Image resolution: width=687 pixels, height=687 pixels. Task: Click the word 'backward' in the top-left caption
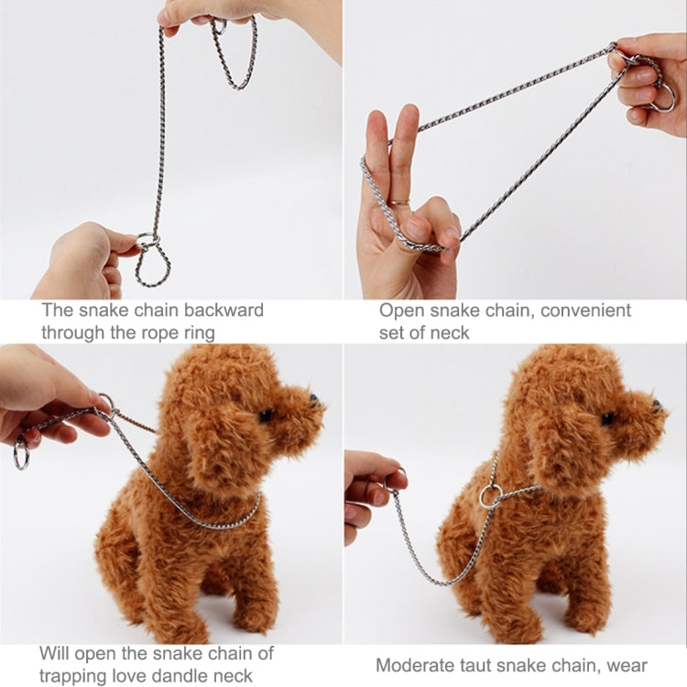point(224,310)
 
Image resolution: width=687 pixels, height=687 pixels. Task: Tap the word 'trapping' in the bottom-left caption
point(75,677)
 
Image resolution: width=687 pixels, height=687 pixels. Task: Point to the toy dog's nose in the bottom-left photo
point(313,400)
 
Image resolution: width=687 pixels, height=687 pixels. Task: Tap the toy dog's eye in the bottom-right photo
point(608,418)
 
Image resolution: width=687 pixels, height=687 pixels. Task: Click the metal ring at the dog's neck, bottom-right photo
point(491,496)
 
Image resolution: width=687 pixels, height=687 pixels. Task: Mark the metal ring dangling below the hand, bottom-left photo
point(21,455)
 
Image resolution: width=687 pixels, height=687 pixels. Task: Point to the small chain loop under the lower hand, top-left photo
point(152,267)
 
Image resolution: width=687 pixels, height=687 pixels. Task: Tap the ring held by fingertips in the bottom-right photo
point(397,478)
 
